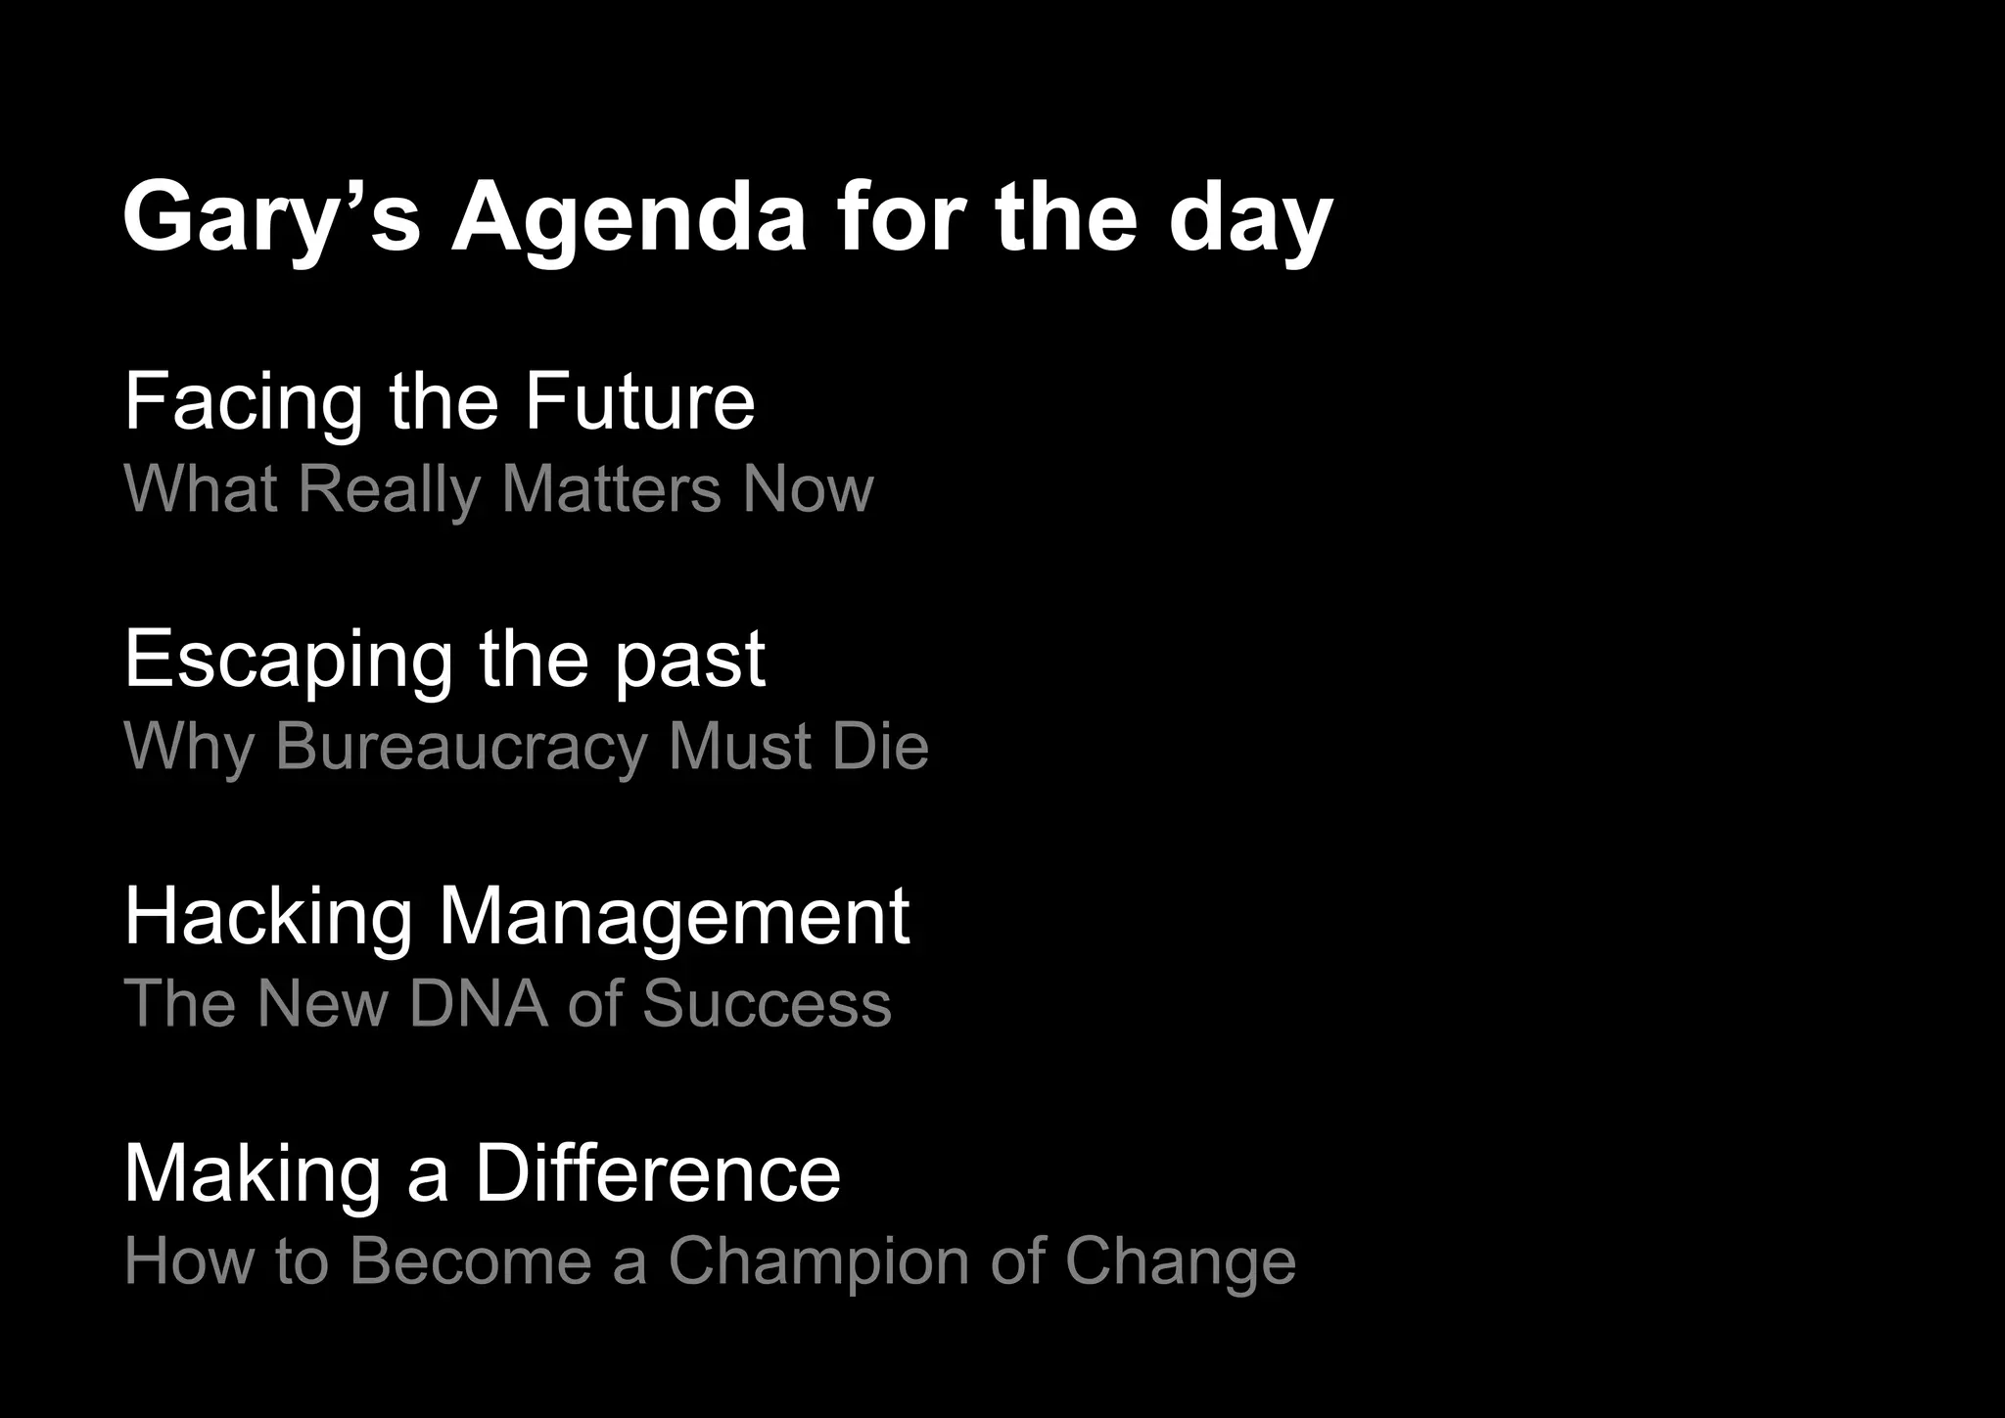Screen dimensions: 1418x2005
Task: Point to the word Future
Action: (639, 401)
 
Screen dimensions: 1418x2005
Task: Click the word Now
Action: (808, 488)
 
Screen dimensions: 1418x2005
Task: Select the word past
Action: (689, 660)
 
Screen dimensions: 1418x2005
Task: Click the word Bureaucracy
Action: (461, 747)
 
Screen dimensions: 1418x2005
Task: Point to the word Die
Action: (879, 747)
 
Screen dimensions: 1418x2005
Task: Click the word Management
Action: (674, 917)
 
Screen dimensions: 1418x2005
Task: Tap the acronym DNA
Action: (479, 1004)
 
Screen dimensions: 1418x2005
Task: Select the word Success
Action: (767, 1004)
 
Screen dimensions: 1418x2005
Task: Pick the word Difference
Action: (658, 1174)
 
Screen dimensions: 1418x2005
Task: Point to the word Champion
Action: (819, 1261)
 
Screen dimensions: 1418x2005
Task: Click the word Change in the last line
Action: (1180, 1261)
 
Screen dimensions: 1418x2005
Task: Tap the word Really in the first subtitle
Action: (390, 488)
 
